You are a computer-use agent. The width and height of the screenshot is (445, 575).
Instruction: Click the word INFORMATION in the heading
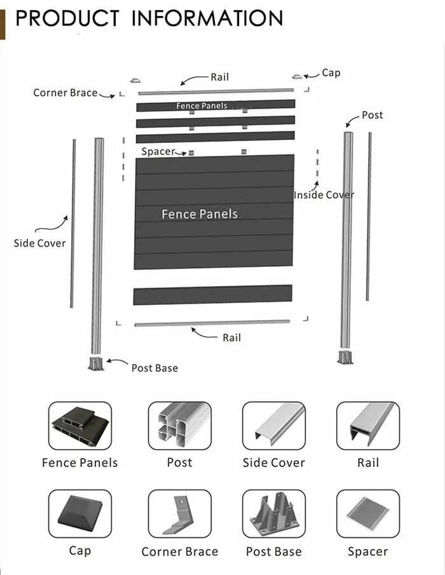coord(207,18)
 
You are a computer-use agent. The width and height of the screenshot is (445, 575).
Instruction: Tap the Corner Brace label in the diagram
coord(65,93)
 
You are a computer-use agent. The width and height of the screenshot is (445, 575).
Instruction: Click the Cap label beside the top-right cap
coord(331,73)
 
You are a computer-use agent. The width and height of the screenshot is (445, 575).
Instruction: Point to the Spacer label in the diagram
coord(158,152)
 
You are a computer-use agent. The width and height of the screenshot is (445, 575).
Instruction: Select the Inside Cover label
coord(324,195)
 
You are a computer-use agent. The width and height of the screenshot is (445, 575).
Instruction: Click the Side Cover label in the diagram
coord(39,243)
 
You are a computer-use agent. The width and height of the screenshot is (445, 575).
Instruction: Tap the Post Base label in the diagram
coord(154,368)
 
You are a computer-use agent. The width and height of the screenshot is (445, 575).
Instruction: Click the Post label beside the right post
coord(373,115)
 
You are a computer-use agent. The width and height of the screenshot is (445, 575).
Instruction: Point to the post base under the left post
coord(96,363)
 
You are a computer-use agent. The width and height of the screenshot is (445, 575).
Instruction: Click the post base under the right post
coord(346,357)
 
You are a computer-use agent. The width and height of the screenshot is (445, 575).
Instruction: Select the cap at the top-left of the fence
coord(134,81)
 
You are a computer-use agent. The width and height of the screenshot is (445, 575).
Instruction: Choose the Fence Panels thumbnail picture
coord(80,426)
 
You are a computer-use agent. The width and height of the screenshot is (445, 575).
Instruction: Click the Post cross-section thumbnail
coord(179,426)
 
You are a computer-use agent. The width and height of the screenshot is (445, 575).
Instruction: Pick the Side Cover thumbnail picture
coord(273,426)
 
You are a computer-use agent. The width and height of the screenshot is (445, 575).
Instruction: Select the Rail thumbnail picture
coord(367,426)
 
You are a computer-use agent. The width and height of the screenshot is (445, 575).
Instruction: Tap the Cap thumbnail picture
coord(80,513)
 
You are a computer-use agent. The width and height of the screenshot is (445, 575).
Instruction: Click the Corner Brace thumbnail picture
coord(179,513)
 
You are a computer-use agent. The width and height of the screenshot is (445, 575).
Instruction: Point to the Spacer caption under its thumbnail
coord(367,551)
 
